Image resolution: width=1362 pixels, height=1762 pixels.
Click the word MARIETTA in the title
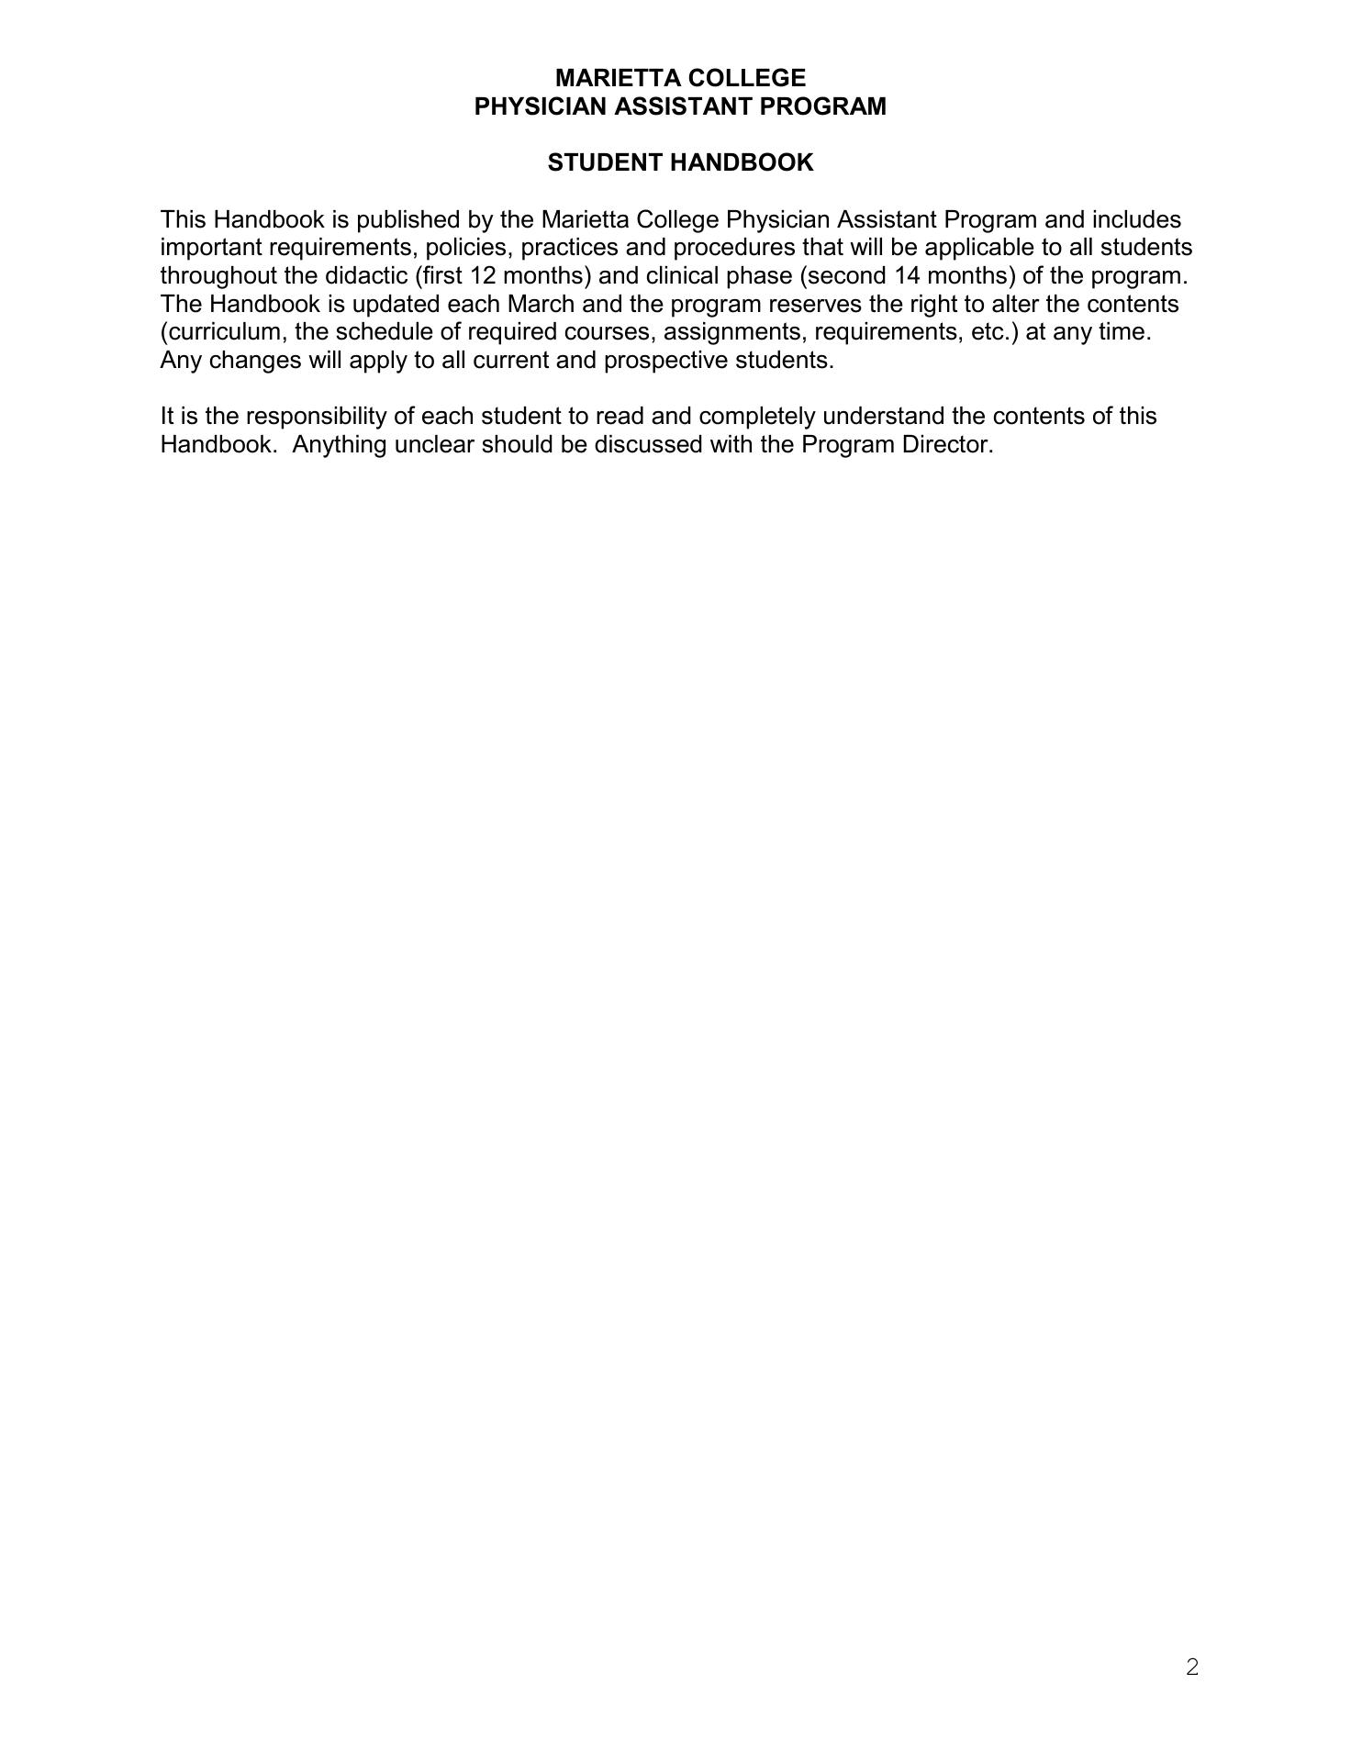click(x=615, y=78)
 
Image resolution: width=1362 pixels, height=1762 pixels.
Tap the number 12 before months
click(x=483, y=276)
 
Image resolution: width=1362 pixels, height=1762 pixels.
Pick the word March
click(x=541, y=304)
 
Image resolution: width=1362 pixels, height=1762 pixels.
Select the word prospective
click(x=666, y=361)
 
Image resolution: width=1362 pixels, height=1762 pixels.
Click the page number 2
click(x=1192, y=1667)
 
